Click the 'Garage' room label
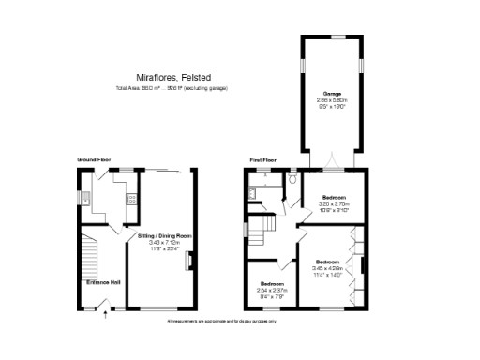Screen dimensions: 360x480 333,95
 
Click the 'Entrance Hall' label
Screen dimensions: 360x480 104,281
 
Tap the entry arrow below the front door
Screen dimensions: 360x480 104,316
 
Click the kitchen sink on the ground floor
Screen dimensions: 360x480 83,198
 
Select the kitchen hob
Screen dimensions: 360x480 131,198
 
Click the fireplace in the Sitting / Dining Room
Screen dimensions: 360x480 190,260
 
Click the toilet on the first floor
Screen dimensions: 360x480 292,176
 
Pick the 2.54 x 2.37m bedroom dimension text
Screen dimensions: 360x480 273,290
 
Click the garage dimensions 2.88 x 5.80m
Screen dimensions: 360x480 333,101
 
